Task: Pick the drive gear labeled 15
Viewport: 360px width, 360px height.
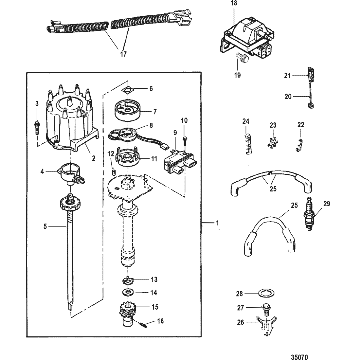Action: [x=128, y=315]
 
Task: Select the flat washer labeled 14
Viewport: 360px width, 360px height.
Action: [x=127, y=293]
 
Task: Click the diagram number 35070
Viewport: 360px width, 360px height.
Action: [x=299, y=357]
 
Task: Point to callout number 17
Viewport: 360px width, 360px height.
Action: [x=123, y=54]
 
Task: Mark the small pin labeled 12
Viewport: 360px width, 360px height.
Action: [x=113, y=172]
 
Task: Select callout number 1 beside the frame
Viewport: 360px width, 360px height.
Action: [x=217, y=223]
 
